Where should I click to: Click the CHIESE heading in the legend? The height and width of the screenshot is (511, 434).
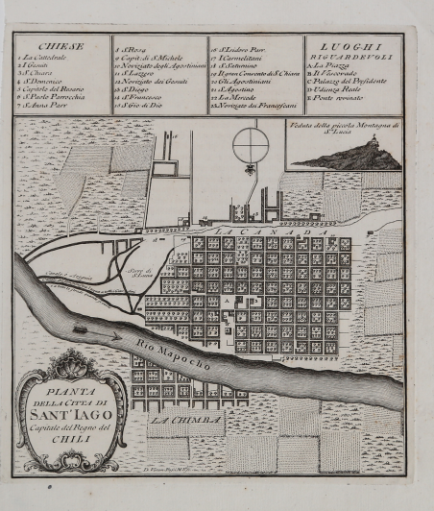[60, 45]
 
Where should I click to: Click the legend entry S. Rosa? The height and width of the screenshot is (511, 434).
[132, 46]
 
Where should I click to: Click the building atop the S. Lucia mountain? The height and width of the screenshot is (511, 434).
[370, 144]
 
